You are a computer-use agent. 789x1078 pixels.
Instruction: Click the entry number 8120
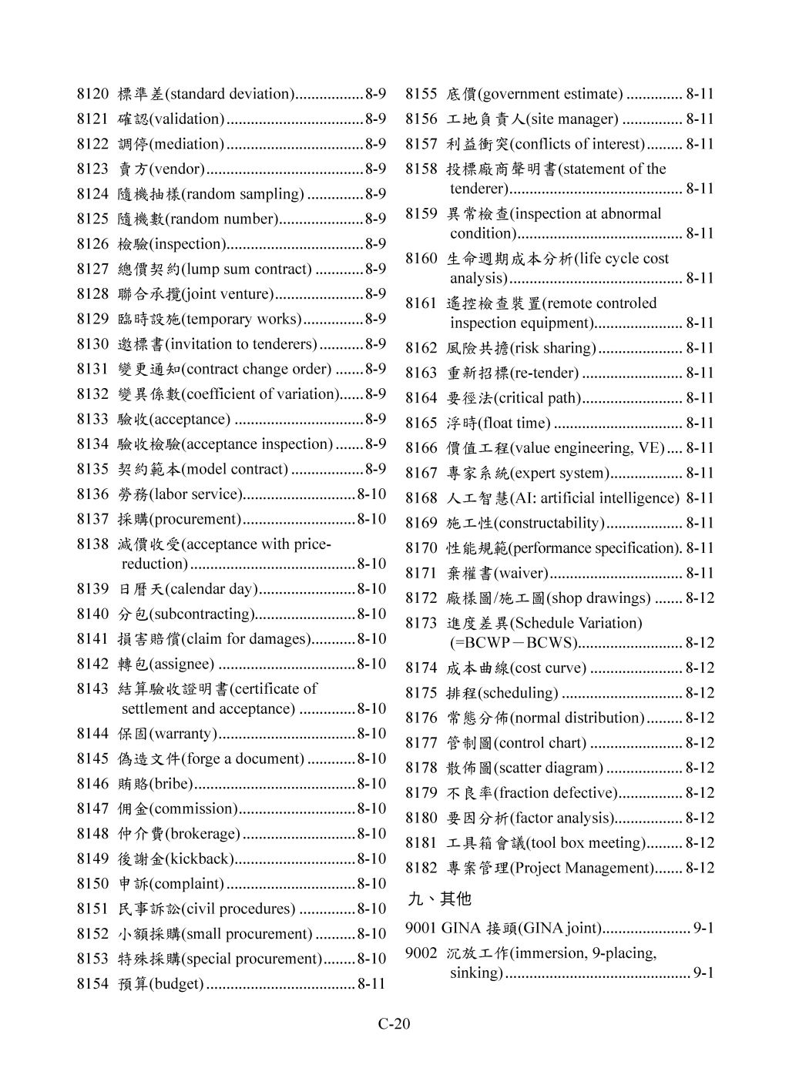(x=92, y=95)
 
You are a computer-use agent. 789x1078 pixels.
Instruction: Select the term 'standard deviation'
(x=230, y=95)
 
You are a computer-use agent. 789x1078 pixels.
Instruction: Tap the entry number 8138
(x=92, y=544)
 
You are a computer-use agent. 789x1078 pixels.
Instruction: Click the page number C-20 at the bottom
(x=394, y=1023)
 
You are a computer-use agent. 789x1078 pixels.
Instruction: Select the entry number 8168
(x=421, y=498)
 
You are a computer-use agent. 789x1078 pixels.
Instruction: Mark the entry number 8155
(x=421, y=95)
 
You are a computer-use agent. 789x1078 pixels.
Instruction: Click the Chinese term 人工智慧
(x=470, y=498)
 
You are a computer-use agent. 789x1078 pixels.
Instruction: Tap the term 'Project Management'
(x=583, y=868)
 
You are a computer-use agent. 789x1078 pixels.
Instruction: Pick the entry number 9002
(x=421, y=953)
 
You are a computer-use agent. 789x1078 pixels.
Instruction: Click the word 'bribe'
(x=171, y=784)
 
